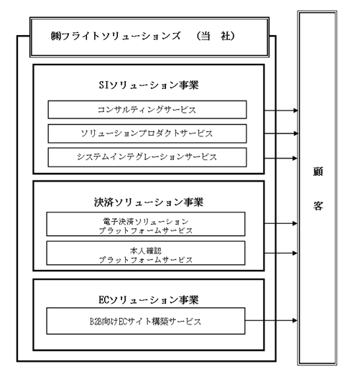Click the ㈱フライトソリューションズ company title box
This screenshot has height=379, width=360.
(149, 37)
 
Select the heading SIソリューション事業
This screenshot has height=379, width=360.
(149, 85)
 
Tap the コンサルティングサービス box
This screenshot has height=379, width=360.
(147, 110)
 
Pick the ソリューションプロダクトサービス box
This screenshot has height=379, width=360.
(147, 134)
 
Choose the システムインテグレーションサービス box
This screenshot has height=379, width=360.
(147, 157)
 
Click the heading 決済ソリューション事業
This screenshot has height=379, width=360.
(149, 202)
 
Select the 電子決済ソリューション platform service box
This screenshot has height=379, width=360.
(146, 224)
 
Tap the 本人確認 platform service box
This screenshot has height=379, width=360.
(146, 253)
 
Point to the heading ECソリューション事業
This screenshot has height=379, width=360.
(149, 300)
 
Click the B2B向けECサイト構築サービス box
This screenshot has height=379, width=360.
(146, 321)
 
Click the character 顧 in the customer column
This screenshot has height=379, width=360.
(318, 172)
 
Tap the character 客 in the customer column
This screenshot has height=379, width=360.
(318, 206)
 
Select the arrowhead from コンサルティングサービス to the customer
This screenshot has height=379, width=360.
(295, 111)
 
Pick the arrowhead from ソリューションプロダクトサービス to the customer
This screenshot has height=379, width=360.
(295, 134)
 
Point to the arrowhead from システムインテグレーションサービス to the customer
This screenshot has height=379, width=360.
(295, 159)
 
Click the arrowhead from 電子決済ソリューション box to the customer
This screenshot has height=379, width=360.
(295, 223)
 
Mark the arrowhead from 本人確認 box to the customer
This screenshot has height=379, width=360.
(295, 253)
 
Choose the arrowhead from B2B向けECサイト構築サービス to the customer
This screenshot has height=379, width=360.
(295, 321)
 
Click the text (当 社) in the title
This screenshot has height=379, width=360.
(216, 36)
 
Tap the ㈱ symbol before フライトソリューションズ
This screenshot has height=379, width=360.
(56, 36)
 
